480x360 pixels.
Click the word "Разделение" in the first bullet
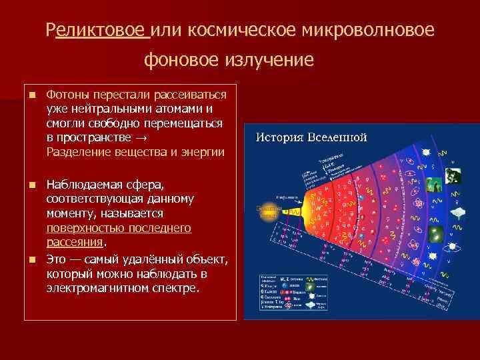click(77, 152)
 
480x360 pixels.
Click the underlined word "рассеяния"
click(74, 242)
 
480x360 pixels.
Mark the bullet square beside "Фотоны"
click(31, 96)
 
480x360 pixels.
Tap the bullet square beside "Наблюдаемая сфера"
click(31, 185)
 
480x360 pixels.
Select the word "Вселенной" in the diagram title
click(336, 138)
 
